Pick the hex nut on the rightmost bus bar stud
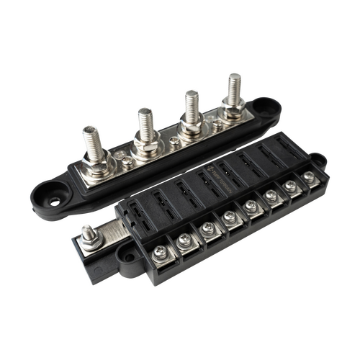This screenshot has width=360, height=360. coord(231,108)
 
